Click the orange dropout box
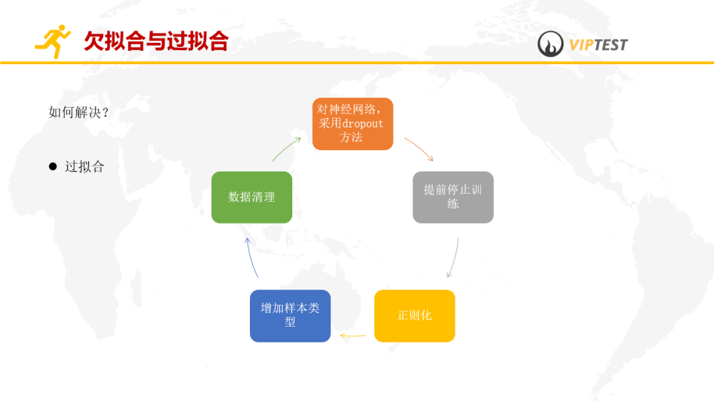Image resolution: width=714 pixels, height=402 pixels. (x=352, y=124)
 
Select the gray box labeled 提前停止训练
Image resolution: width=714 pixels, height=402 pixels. (x=453, y=197)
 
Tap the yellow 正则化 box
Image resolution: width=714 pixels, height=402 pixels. (x=415, y=315)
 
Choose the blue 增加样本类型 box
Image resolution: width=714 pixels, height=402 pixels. (x=290, y=315)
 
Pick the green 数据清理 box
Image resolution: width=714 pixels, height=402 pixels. (x=251, y=197)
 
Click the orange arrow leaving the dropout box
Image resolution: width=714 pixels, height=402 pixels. (x=419, y=149)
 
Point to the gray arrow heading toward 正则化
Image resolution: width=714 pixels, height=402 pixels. (x=454, y=258)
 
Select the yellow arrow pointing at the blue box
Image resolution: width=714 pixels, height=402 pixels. (x=352, y=336)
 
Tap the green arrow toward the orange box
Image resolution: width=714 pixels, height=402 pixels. (x=286, y=149)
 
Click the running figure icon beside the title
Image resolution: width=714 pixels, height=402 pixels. (x=53, y=41)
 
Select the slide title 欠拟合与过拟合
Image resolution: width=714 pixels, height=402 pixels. (x=155, y=41)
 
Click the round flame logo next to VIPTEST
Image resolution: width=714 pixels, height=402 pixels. (x=550, y=44)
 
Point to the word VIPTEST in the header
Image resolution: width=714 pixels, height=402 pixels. (x=598, y=45)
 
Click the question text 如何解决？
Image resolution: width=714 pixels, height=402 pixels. (x=79, y=112)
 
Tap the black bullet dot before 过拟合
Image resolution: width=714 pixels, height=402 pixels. (x=53, y=167)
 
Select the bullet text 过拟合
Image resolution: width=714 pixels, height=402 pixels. (x=85, y=167)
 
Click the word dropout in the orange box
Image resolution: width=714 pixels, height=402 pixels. (x=362, y=124)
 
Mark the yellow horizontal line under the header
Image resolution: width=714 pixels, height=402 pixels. (x=357, y=63)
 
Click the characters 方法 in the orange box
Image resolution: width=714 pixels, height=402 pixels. (x=352, y=138)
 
